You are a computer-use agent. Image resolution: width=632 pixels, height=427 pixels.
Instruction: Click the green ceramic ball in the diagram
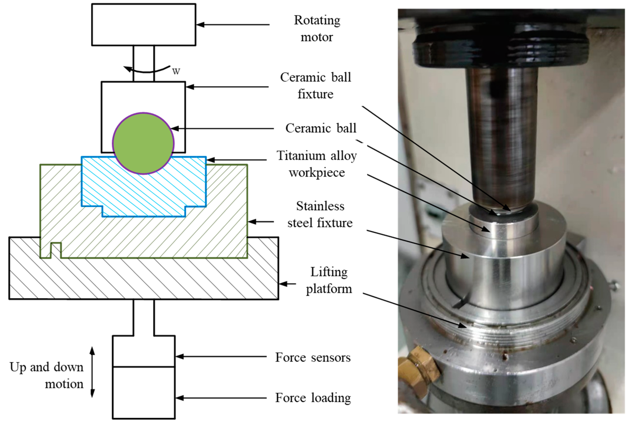[x=143, y=143]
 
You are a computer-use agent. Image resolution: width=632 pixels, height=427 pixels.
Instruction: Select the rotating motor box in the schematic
[x=144, y=24]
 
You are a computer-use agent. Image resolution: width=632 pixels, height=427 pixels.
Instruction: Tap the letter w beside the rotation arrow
[x=176, y=71]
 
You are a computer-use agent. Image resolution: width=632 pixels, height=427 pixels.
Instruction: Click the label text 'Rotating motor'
[x=317, y=29]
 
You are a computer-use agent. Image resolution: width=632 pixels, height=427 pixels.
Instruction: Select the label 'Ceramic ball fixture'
[x=316, y=86]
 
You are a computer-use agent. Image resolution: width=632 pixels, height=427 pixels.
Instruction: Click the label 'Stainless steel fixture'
[x=320, y=214]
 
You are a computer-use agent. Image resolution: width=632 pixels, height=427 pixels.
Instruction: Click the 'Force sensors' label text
[x=313, y=357]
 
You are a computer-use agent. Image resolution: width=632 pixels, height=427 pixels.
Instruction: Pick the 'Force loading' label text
[x=313, y=398]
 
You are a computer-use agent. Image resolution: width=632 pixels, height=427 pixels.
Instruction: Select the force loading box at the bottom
[x=144, y=393]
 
